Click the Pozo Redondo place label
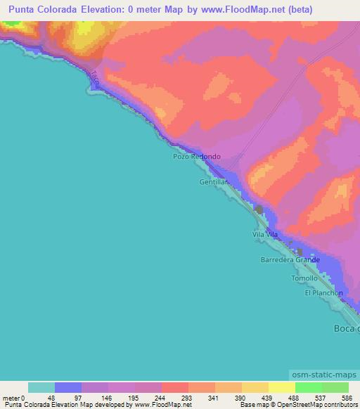coord(197,157)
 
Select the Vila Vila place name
coord(267,235)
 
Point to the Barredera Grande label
coord(290,260)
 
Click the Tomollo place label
coord(304,278)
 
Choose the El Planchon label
coord(324,293)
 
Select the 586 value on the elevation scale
coord(347,397)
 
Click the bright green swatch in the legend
coord(308,387)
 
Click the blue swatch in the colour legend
coord(68,387)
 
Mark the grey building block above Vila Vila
coord(259,210)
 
